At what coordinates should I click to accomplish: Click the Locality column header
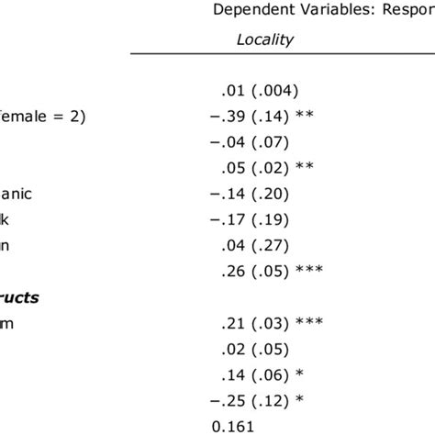coord(264,39)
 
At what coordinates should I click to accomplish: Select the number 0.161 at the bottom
coord(231,426)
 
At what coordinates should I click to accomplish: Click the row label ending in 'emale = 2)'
coord(38,117)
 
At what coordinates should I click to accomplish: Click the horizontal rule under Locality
coord(275,54)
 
